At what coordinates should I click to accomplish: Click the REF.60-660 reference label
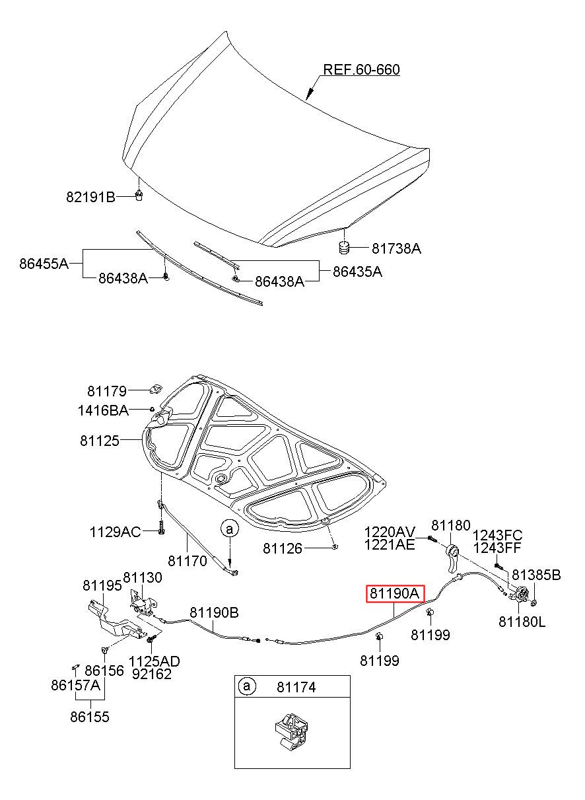point(361,70)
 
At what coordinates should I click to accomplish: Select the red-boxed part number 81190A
point(395,594)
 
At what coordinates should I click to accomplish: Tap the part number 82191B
point(91,196)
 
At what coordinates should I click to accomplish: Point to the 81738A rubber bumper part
point(343,248)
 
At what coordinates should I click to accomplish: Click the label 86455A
point(44,263)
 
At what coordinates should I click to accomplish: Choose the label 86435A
point(357,271)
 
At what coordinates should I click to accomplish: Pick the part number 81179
point(106,390)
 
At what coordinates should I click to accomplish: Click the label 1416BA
point(103,411)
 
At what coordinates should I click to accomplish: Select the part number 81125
point(100,440)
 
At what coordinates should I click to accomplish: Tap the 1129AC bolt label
point(116,531)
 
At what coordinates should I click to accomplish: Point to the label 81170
point(188,560)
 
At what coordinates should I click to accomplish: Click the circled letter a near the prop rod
point(229,528)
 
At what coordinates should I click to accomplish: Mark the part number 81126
point(283,548)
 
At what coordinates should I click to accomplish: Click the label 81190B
point(215,612)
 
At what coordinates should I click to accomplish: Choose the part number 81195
point(102,585)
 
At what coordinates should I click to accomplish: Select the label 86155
point(90,716)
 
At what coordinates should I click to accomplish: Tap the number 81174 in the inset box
point(296,687)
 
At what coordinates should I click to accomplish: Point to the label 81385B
point(536,575)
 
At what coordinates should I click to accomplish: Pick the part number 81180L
point(522,621)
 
